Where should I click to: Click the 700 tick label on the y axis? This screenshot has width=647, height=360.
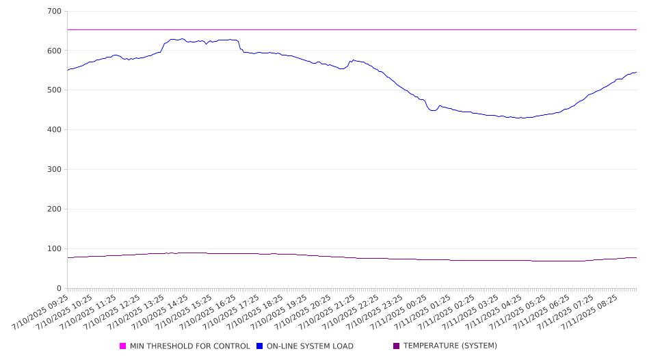(x=55, y=11)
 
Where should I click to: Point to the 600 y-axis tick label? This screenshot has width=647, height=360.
(x=55, y=51)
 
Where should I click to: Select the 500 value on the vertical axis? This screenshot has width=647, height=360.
(x=55, y=90)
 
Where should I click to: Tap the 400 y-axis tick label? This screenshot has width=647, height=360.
(x=55, y=129)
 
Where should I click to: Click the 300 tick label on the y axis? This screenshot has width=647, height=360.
(x=55, y=169)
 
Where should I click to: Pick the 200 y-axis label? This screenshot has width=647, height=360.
(x=55, y=209)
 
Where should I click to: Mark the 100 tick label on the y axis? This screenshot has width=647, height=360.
(x=55, y=248)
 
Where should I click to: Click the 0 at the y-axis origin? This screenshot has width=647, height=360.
(x=60, y=288)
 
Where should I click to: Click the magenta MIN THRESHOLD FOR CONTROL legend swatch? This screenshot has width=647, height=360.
(x=122, y=346)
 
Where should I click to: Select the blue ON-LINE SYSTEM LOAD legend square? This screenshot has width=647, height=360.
(x=259, y=346)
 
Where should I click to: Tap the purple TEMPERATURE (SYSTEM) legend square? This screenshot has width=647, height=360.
(x=397, y=346)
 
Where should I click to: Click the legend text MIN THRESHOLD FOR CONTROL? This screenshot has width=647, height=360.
(x=190, y=346)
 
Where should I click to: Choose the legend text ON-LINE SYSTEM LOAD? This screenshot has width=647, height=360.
(x=310, y=346)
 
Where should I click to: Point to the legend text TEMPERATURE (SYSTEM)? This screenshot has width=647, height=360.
(x=450, y=346)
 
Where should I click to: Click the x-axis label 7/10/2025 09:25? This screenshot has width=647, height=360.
(x=40, y=312)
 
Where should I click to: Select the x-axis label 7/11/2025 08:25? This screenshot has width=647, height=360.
(x=590, y=312)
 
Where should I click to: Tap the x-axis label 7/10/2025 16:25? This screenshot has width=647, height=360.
(x=207, y=312)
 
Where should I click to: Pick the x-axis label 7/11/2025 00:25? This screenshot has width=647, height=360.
(x=398, y=312)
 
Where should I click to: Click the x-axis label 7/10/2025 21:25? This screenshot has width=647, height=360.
(x=327, y=312)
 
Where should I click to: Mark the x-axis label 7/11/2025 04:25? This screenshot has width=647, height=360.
(x=494, y=312)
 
